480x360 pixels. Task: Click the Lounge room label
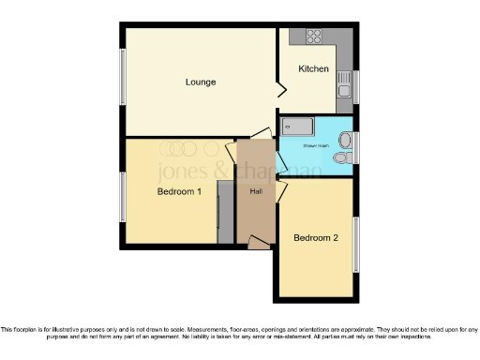(x=200, y=82)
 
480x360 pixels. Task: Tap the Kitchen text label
(x=313, y=69)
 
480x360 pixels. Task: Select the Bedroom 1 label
(x=179, y=192)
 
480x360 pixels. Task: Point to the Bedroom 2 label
(x=315, y=238)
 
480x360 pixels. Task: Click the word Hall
(x=255, y=192)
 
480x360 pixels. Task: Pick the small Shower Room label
(x=314, y=145)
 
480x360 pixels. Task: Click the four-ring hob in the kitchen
(x=312, y=38)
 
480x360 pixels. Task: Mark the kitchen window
(x=355, y=85)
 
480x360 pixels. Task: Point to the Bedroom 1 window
(x=121, y=197)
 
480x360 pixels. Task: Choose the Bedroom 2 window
(x=355, y=245)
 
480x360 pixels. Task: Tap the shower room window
(x=355, y=148)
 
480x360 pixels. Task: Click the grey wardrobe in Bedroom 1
(x=224, y=213)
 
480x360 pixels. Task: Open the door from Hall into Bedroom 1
(x=232, y=151)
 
